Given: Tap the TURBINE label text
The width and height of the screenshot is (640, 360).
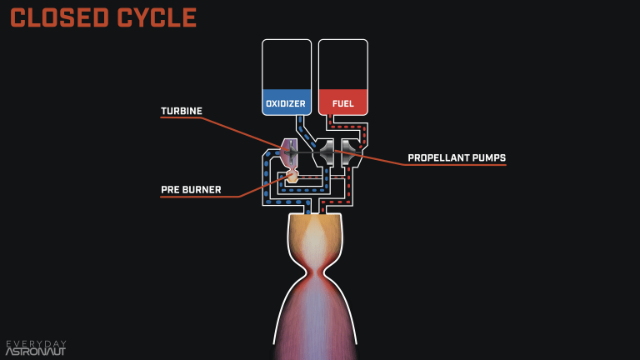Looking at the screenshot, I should (182, 111).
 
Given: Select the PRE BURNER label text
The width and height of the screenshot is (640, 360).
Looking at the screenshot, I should (191, 190).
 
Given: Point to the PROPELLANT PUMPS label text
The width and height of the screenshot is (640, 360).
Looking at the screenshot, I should (456, 157).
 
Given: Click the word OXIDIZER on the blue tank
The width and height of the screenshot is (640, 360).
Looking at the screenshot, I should (286, 104).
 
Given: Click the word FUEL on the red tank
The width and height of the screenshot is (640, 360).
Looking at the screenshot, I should (342, 104).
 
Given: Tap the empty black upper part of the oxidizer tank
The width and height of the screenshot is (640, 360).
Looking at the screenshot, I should (286, 63).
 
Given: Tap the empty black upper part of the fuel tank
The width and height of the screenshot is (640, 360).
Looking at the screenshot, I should (342, 63).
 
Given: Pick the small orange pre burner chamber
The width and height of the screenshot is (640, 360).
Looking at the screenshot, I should (292, 177).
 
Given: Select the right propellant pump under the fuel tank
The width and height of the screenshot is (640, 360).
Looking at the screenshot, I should (350, 152).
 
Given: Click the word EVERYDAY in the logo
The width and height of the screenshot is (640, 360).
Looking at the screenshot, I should (36, 343).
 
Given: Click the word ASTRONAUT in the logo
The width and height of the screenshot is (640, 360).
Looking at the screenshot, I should (36, 352).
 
